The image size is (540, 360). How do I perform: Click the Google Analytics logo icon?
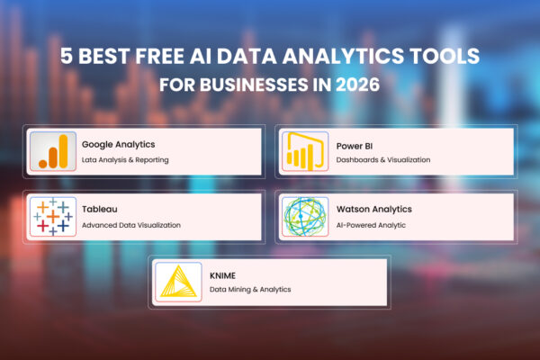(x=52, y=150)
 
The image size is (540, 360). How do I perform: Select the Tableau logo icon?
(x=52, y=215)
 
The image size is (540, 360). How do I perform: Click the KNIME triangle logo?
(x=176, y=280)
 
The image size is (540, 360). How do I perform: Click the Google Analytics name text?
(x=118, y=143)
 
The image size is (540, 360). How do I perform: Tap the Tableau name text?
(x=100, y=208)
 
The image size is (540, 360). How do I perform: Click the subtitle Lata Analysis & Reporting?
(x=125, y=159)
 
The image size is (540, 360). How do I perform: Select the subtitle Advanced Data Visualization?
(x=130, y=224)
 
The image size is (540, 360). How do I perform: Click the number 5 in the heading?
(x=66, y=58)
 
